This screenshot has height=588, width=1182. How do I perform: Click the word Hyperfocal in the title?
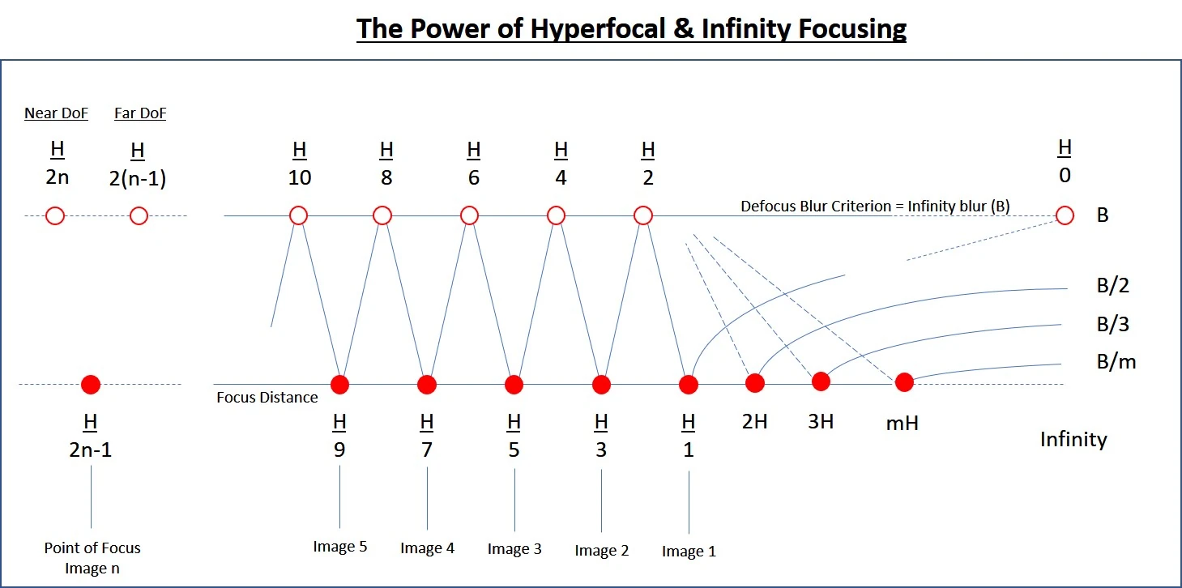(x=598, y=28)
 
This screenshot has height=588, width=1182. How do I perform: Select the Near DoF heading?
(x=56, y=113)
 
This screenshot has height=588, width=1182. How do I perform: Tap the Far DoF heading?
(x=140, y=113)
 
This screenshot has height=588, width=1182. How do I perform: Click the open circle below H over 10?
(x=299, y=215)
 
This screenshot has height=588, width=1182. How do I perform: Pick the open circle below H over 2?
(x=643, y=215)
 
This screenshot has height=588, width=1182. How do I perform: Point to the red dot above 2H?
(x=755, y=383)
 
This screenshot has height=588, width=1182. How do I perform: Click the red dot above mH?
(x=904, y=382)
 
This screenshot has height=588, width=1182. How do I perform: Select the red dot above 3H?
(x=821, y=381)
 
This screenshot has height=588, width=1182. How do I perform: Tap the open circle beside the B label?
(x=1065, y=215)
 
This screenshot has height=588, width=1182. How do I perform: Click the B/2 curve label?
(x=1113, y=285)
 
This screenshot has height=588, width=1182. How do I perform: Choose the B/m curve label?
(x=1116, y=362)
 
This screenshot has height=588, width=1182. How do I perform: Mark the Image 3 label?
(x=514, y=549)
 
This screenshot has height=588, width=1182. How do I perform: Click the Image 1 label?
(x=689, y=551)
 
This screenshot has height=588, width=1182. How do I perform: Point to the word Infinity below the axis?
(x=1073, y=439)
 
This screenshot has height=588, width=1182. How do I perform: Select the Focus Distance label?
(x=267, y=397)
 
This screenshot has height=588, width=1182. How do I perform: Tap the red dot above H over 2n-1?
(x=91, y=385)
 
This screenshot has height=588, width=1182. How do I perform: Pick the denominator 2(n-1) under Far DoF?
(x=138, y=179)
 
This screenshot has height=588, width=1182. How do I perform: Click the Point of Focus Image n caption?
(x=92, y=558)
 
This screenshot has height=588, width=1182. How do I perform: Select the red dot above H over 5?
(x=514, y=385)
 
